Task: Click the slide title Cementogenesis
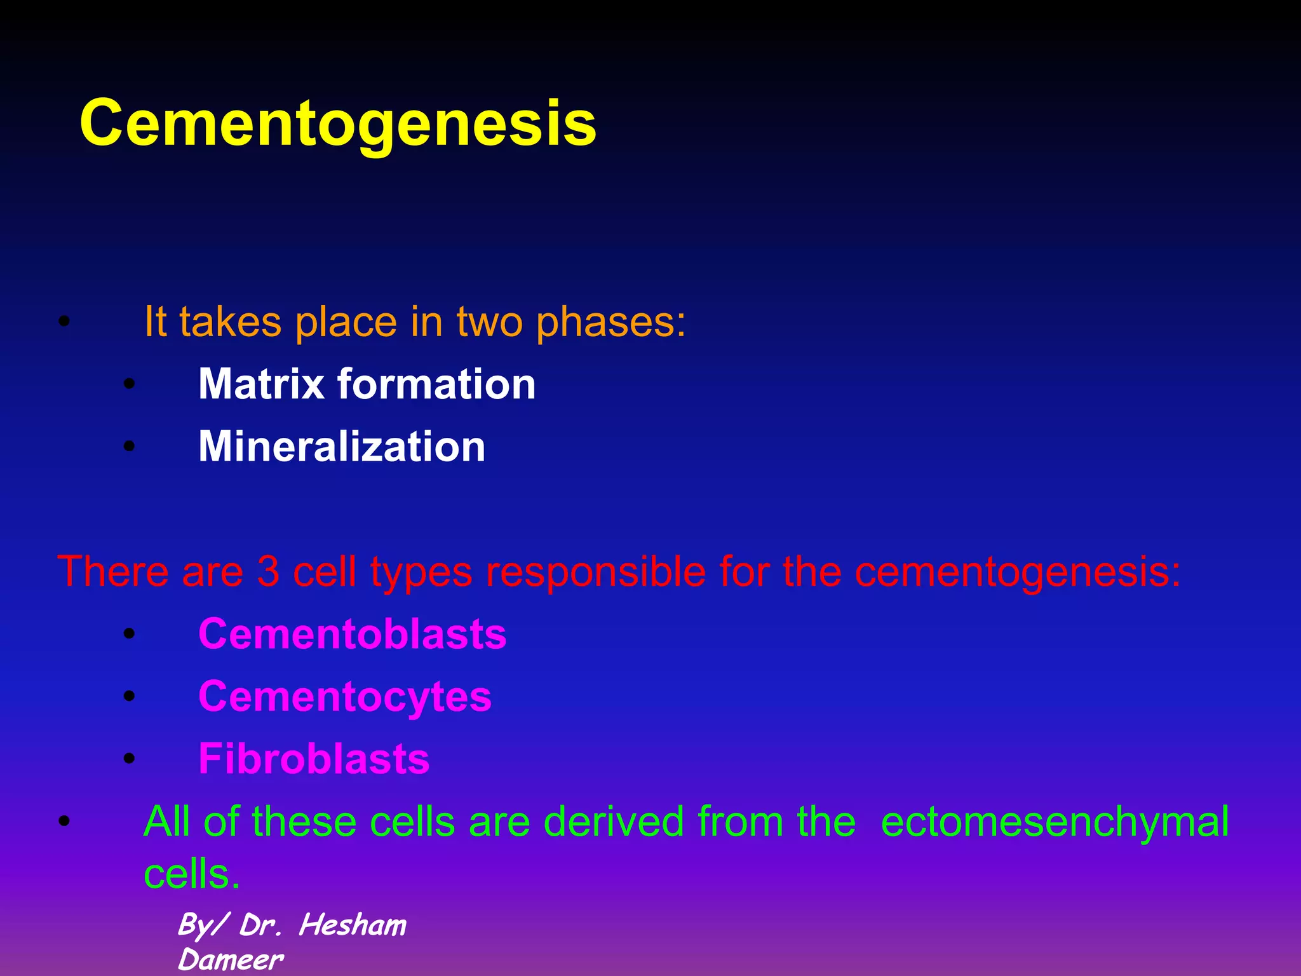point(338,124)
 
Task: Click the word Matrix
point(261,384)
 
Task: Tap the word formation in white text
point(437,384)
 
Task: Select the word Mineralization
point(342,446)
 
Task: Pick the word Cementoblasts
point(353,634)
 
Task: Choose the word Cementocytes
point(345,696)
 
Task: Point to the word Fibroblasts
point(314,759)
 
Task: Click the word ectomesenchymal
point(1055,822)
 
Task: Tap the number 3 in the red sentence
point(268,571)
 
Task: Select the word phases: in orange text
point(611,322)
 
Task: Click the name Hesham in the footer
point(353,925)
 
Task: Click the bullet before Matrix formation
point(130,384)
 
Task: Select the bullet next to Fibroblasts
point(130,759)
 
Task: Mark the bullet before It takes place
point(63,322)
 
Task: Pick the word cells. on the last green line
point(192,874)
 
